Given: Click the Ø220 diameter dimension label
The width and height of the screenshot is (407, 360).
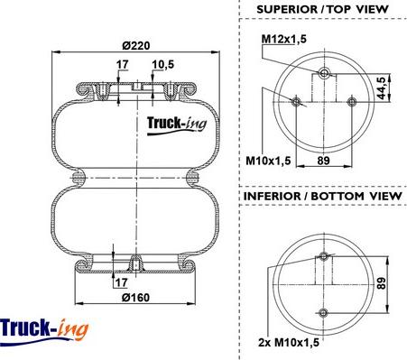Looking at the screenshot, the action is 136,46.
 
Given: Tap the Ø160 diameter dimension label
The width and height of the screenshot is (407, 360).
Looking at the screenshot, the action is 135,298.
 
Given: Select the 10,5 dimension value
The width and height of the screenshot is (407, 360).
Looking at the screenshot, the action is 162,65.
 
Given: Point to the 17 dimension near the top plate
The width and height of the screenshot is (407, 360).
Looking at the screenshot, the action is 123,64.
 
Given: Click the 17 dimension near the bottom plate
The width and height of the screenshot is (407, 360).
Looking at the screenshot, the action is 121,282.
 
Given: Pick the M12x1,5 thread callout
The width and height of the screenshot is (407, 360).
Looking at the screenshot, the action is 284,39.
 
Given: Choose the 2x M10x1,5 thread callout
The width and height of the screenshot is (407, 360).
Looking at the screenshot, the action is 289,342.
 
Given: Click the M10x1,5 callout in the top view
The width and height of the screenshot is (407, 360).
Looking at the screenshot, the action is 268,161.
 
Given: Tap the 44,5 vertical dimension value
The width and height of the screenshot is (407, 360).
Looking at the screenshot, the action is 382,88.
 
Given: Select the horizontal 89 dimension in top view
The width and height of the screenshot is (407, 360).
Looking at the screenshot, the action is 324,161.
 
